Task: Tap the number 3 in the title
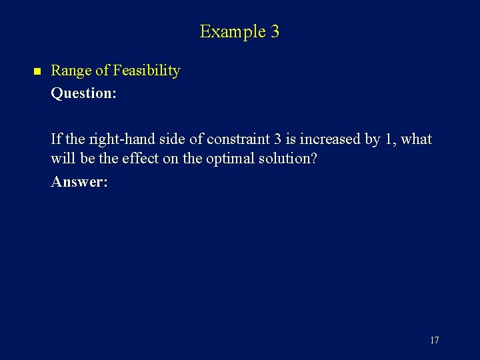click(x=275, y=31)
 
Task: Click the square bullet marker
click(x=37, y=71)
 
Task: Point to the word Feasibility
click(x=147, y=71)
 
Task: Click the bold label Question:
click(x=84, y=93)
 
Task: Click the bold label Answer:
click(x=79, y=182)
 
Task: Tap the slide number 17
click(x=434, y=341)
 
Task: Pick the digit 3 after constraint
click(x=277, y=140)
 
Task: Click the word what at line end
click(x=417, y=140)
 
